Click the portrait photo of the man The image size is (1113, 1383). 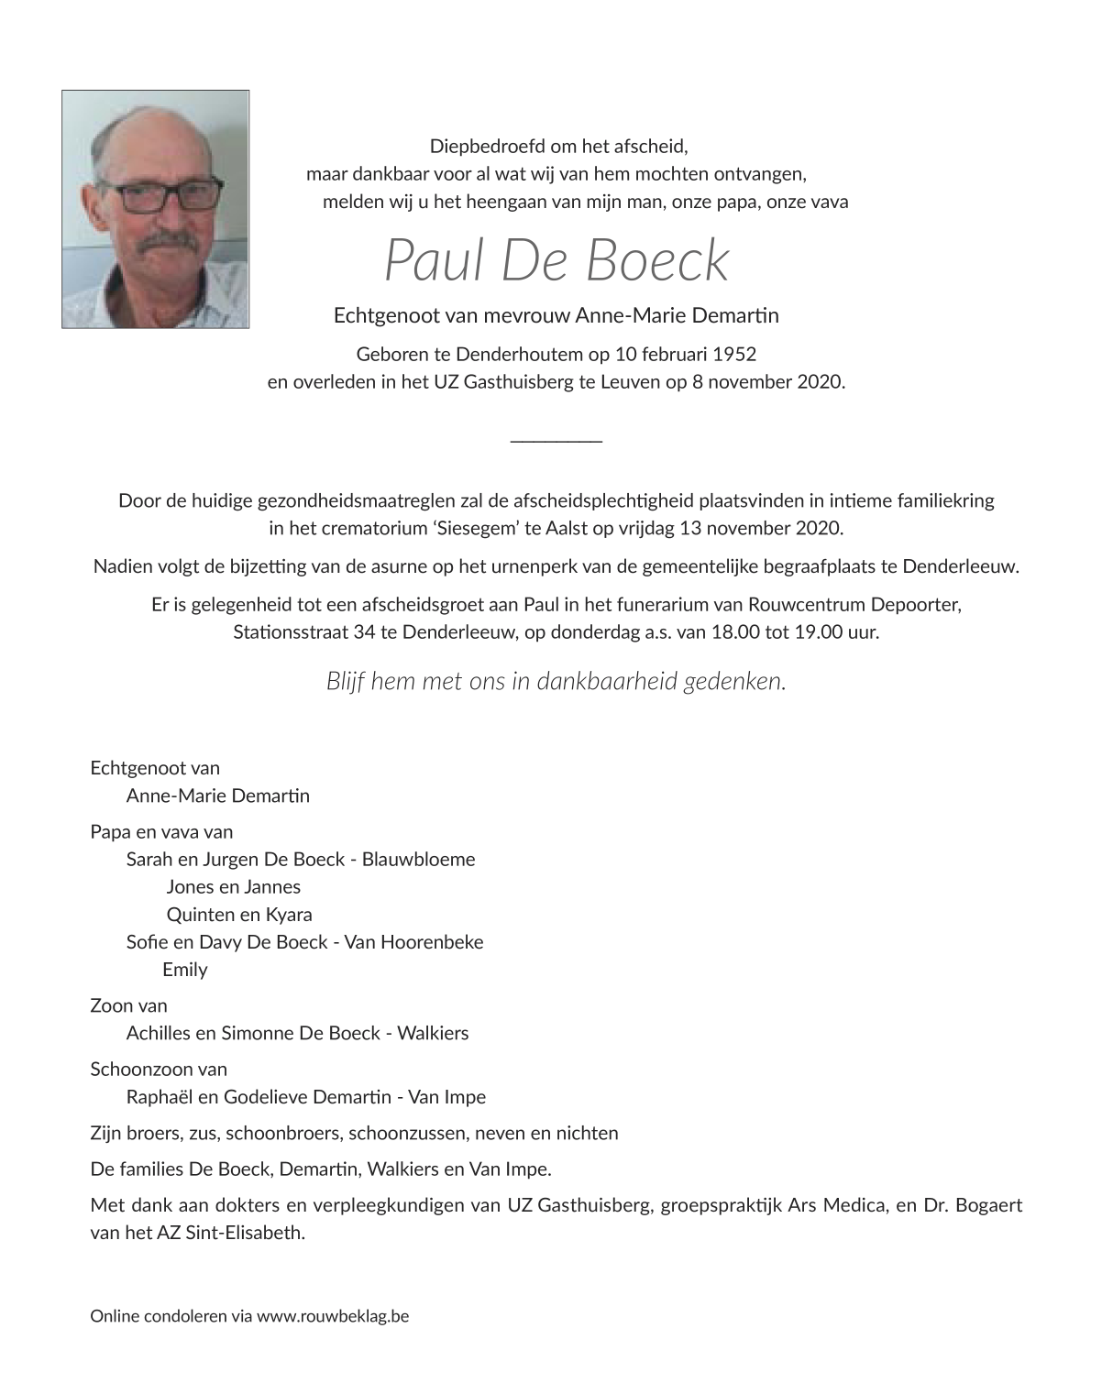coord(155,208)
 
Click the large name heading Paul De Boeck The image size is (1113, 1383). coord(556,260)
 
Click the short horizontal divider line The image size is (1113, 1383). coord(556,442)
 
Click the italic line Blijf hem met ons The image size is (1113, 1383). coord(556,681)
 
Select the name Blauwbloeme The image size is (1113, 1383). coord(418,860)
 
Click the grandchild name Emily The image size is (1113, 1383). coord(184,970)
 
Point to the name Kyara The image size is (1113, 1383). coord(289,915)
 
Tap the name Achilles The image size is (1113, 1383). coord(159,1033)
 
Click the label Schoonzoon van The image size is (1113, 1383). coord(159,1070)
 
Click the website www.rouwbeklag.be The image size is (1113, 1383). coord(333,1316)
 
